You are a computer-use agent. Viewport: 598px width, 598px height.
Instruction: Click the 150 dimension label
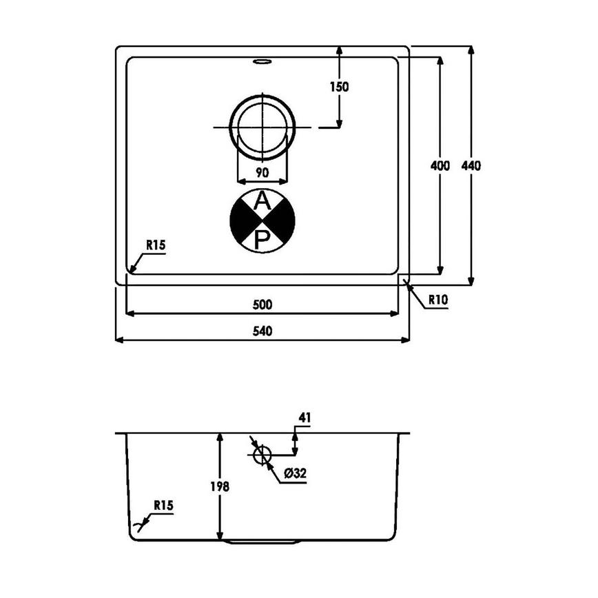point(339,87)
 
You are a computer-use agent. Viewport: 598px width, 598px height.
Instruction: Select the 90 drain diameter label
point(262,172)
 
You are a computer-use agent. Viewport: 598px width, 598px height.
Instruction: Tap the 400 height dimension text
point(440,165)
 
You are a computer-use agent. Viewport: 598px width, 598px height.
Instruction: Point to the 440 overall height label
point(471,165)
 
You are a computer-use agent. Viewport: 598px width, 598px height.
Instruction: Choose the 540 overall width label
point(262,331)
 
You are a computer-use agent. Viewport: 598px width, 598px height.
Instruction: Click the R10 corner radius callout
point(438,300)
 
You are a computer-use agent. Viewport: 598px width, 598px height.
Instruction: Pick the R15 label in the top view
point(156,245)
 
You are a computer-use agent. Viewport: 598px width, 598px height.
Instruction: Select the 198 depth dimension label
point(220,486)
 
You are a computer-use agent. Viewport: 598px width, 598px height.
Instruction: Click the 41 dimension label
point(307,417)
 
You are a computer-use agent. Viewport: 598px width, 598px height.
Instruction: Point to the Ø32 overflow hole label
point(294,473)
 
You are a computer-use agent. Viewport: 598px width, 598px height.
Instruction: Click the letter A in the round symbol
point(262,201)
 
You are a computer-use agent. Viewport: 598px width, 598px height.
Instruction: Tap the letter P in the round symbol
point(262,239)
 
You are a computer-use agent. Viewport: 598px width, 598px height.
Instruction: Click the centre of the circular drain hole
point(262,127)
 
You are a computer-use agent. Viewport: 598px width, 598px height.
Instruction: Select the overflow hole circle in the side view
point(262,454)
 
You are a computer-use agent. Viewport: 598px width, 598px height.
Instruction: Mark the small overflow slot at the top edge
point(262,63)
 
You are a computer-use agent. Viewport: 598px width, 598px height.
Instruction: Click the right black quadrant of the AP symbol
point(283,220)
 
